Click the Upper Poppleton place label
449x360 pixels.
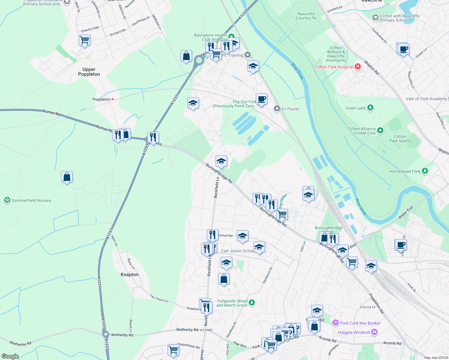[x=89, y=72]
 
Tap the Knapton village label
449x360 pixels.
[x=130, y=274]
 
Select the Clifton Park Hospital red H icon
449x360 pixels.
[x=357, y=67]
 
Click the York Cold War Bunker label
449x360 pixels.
[x=360, y=323]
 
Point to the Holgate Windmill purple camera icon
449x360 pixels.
[x=374, y=332]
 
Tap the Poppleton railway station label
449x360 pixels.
[x=101, y=99]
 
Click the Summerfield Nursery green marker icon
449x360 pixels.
[x=7, y=200]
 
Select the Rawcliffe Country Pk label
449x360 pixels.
[x=306, y=16]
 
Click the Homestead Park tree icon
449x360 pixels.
[x=425, y=171]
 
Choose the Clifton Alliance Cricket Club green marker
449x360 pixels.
[x=380, y=130]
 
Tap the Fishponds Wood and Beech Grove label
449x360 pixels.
[x=232, y=303]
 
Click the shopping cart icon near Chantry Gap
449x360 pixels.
[x=85, y=40]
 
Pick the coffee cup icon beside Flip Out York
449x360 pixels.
[x=262, y=99]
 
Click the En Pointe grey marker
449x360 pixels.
[x=277, y=109]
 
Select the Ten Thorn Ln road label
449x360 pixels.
[x=159, y=298]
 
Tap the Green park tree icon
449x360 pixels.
[x=370, y=108]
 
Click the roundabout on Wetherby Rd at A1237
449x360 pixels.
[x=105, y=334]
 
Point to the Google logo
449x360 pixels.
[x=10, y=356]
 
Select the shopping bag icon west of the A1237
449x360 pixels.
[x=67, y=177]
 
